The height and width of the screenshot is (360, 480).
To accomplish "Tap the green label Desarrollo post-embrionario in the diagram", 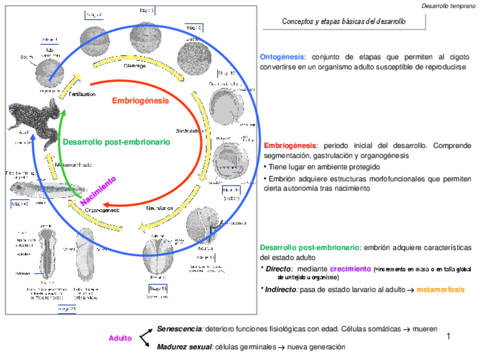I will [x=116, y=142].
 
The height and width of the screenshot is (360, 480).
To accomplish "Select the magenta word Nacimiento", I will [x=98, y=191].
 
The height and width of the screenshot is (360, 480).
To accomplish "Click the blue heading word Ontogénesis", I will [x=282, y=57].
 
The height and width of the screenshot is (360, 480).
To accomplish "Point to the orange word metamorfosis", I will [x=440, y=289].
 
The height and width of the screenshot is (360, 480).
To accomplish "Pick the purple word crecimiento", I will [x=350, y=269].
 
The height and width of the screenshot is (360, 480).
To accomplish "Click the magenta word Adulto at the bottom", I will [x=120, y=338].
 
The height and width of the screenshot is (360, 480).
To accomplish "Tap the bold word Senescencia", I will [x=179, y=329].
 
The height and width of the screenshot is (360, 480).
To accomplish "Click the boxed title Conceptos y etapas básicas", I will [x=344, y=22].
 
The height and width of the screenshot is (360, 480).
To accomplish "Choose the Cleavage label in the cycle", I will [x=135, y=66].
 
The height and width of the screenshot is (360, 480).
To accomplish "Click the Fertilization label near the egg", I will [x=82, y=94].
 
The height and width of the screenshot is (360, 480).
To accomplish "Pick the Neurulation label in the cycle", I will [x=160, y=208].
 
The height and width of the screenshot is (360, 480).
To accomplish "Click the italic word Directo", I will [x=279, y=269].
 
